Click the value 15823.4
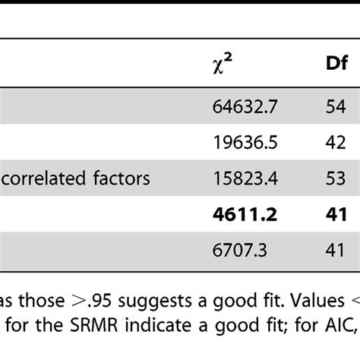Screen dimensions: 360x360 tap(242, 178)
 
